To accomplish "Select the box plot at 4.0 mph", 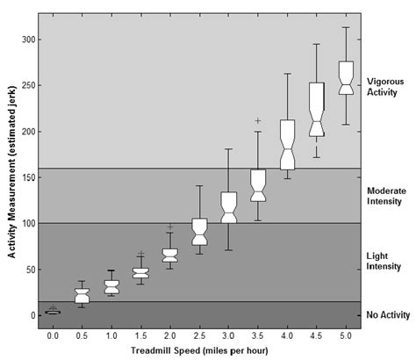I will coord(287,144).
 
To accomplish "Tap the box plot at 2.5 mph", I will coord(199,232).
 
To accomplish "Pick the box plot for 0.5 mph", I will coord(82,296).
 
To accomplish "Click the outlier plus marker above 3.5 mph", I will coord(257,120).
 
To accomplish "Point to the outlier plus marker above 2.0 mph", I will coord(170,227).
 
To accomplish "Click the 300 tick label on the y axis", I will coord(27,40).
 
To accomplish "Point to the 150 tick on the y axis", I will coord(27,177).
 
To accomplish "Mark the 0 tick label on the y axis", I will coord(32,314).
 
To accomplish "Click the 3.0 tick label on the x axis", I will coord(228,335).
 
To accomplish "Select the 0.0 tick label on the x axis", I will coord(53,335).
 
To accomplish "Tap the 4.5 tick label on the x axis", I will coord(316,335).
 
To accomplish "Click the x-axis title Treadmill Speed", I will coord(198,350).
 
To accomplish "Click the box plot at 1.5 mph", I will coord(140,273).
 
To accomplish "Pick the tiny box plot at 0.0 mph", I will coord(53,311).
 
